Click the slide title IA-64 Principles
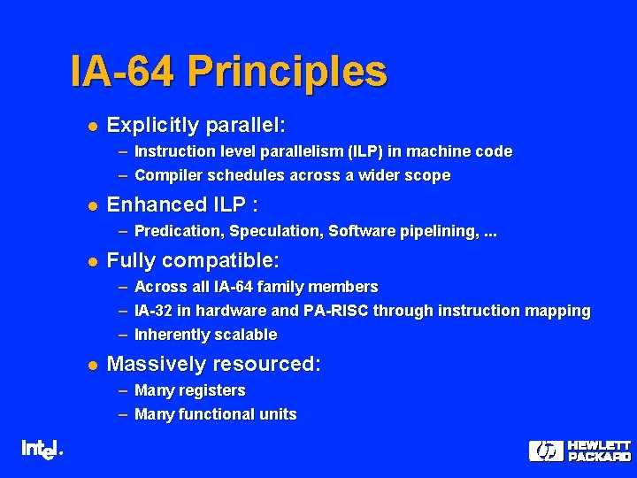(228, 72)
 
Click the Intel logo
(41, 450)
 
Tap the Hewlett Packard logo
(579, 451)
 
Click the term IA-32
(153, 311)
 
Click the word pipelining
(435, 232)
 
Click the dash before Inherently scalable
(123, 335)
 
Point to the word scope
(429, 175)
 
